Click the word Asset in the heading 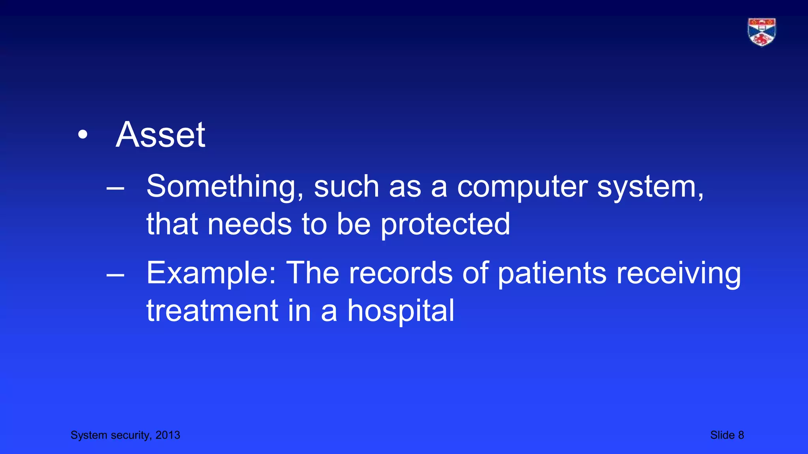(160, 135)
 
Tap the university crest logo (761, 32)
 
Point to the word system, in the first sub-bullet (650, 187)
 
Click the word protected (445, 224)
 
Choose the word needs (250, 224)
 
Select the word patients (552, 273)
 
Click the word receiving (679, 273)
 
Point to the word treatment (212, 311)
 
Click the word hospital (400, 311)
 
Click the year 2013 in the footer (168, 435)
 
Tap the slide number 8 (741, 435)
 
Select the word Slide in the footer (722, 435)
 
